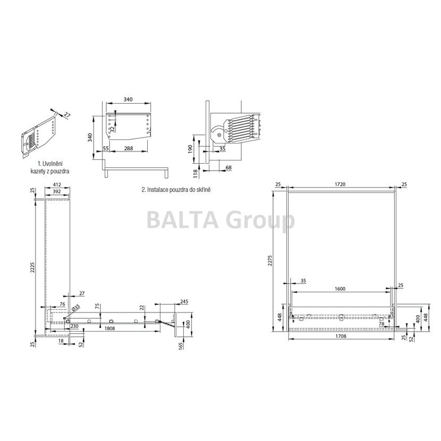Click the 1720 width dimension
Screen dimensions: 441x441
[340, 184]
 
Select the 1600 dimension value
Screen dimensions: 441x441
[340, 289]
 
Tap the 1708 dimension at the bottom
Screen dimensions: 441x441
[341, 336]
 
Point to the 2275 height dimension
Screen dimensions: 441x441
[270, 260]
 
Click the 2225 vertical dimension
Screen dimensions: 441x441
[32, 268]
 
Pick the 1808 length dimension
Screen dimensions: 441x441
[109, 328]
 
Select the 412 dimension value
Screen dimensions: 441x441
[57, 185]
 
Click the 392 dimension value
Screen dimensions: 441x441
[57, 191]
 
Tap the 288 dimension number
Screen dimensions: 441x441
[129, 148]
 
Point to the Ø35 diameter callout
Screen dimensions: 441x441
[76, 307]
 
